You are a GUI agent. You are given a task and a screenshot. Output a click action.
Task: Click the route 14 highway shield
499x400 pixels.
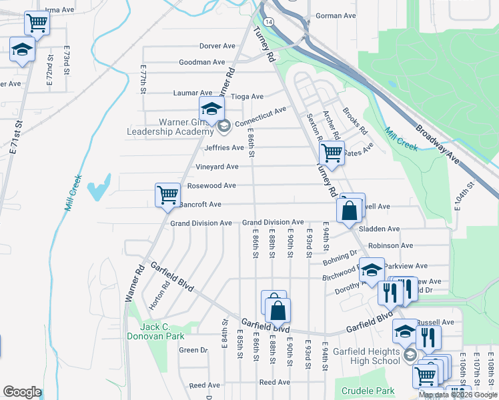point(268,22)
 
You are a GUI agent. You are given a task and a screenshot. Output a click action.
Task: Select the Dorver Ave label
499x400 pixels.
point(217,46)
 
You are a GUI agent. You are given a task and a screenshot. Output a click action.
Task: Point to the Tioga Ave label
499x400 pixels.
point(247,96)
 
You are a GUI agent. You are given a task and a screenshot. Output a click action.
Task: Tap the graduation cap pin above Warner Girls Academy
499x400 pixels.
point(211,109)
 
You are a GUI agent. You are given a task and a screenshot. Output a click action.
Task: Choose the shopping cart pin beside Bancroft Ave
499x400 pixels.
point(167,195)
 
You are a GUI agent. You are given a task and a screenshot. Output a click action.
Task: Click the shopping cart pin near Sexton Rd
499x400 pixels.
point(331,153)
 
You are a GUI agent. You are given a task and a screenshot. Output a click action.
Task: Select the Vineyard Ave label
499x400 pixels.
point(217,167)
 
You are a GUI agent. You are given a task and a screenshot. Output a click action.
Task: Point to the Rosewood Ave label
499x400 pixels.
point(211,185)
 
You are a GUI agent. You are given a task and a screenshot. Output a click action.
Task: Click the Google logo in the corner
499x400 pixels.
point(22,391)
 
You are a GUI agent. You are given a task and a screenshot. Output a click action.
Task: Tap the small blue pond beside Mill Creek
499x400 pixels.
point(99,187)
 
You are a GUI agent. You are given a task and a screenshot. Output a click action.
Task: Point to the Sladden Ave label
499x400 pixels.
point(379,229)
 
